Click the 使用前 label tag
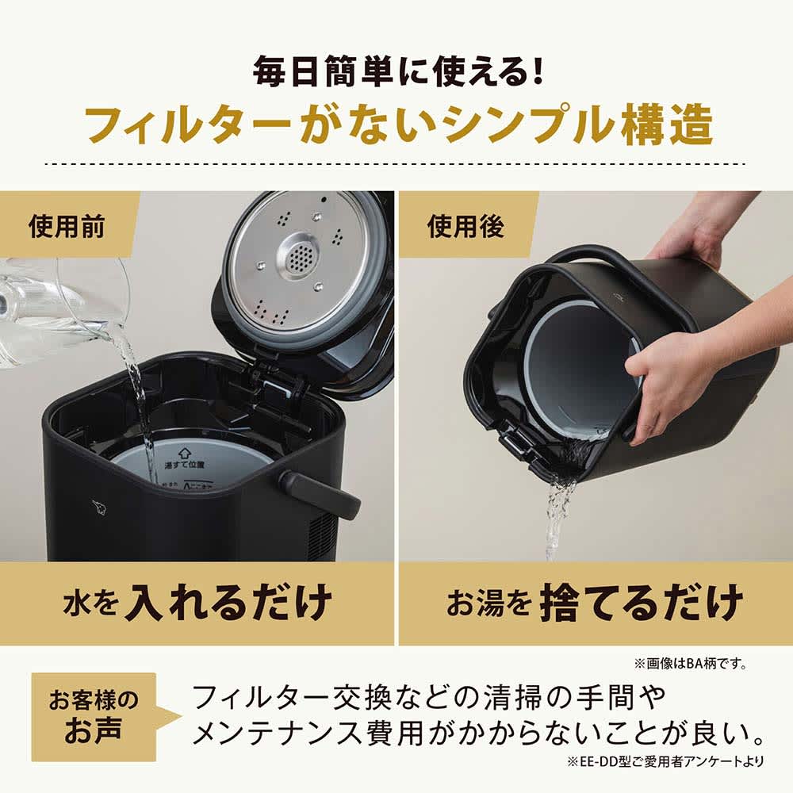click(x=67, y=228)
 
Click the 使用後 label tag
click(x=466, y=228)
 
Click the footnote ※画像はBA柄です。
click(x=690, y=663)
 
